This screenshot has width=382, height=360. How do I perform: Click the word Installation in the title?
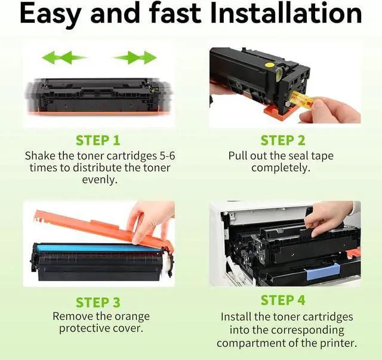286,13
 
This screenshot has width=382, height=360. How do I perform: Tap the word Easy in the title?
50,15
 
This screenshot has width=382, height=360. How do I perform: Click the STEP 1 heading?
98,140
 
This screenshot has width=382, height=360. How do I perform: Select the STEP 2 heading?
283,140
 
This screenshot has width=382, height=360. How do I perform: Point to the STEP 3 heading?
98,302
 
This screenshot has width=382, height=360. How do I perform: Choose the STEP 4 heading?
283,300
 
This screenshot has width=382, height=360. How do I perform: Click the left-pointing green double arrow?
64,58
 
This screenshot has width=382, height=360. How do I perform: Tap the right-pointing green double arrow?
134,58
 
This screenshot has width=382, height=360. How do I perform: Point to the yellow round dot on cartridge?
269,65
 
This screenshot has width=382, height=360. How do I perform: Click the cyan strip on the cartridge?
97,248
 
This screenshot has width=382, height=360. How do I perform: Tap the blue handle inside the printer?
324,272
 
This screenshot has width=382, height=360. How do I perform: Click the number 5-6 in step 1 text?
167,156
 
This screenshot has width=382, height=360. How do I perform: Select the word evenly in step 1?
100,180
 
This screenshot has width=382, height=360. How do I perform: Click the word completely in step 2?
281,168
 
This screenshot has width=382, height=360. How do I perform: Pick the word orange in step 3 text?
132,317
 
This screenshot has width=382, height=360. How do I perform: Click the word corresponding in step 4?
307,331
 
